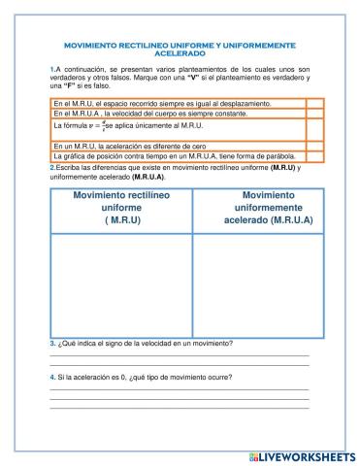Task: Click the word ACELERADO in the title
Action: (x=180, y=54)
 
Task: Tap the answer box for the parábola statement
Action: (x=314, y=157)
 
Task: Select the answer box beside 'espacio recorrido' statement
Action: (x=314, y=103)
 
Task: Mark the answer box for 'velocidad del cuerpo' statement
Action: (x=314, y=114)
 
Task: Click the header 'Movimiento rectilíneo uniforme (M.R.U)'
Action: (x=121, y=208)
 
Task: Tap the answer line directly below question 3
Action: (x=180, y=355)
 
